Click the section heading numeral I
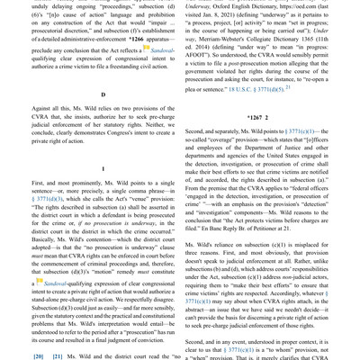[x=103, y=167]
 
